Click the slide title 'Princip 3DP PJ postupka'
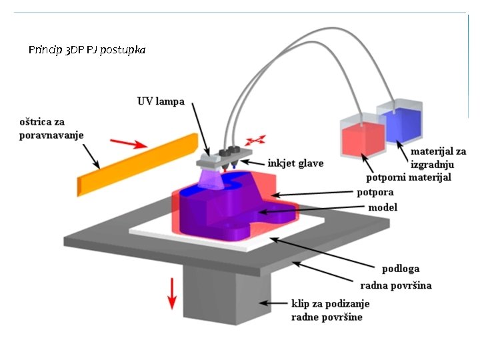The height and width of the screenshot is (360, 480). click(x=87, y=50)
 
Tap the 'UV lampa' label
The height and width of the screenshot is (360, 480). click(x=161, y=102)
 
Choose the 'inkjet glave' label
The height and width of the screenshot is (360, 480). click(x=295, y=163)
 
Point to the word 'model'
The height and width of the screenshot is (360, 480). click(x=383, y=208)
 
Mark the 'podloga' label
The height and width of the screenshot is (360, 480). click(x=401, y=269)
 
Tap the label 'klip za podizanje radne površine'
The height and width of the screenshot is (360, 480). click(x=329, y=310)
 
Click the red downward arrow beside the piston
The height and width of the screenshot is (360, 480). click(x=172, y=293)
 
